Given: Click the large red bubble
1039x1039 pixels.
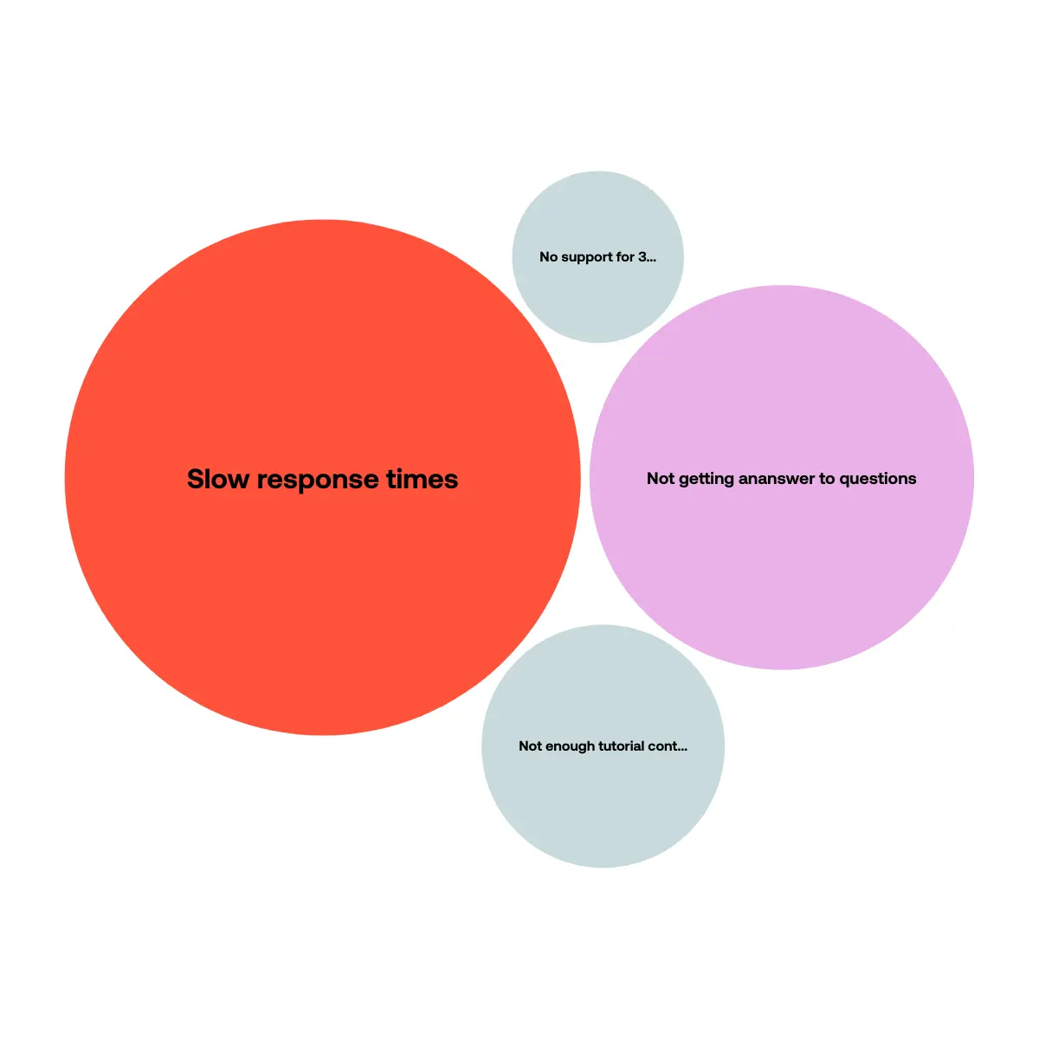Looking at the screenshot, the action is point(322,477).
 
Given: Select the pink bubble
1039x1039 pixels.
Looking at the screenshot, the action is point(782,477).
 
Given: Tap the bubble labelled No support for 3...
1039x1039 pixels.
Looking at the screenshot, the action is point(598,257).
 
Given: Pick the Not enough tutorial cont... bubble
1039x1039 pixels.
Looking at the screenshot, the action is point(603,746).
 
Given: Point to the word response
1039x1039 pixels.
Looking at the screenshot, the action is point(318,480).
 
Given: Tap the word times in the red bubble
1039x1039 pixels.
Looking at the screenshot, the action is point(423,479).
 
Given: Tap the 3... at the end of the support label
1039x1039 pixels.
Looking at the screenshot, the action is point(648,257).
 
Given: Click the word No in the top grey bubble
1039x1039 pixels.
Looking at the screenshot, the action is point(548,257).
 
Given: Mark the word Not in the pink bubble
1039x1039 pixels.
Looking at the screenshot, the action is point(661,478).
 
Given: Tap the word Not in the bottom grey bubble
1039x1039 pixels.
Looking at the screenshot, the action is point(530,746).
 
